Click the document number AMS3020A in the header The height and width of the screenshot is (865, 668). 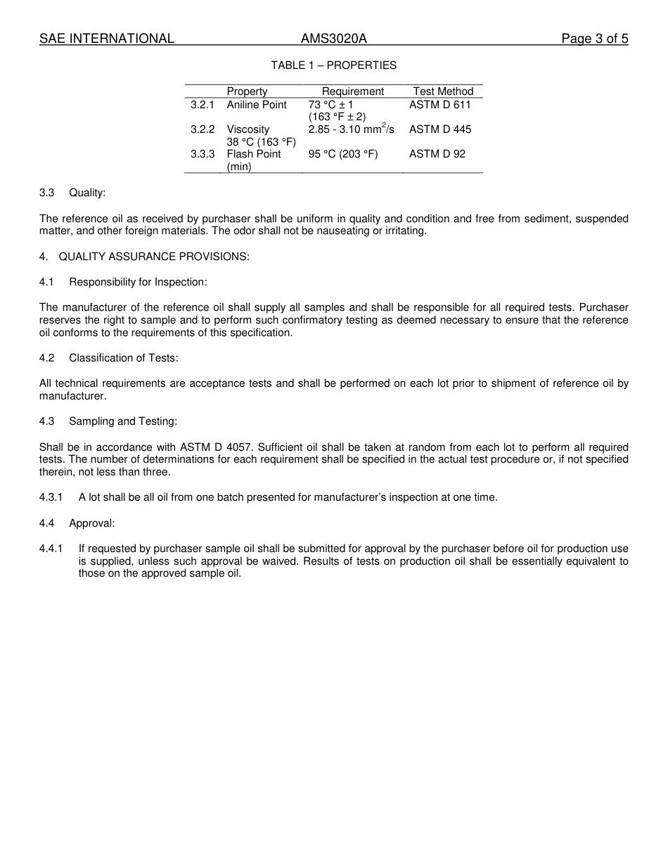[334, 39]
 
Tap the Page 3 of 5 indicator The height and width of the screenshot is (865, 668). [594, 39]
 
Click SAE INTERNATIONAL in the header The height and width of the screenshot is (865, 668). [107, 39]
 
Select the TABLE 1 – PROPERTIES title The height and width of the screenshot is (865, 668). [334, 65]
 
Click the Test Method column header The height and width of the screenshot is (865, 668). [443, 91]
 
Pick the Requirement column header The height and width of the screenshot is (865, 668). [353, 91]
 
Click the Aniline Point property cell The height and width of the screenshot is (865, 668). [257, 105]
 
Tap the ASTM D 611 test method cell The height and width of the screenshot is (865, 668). [440, 105]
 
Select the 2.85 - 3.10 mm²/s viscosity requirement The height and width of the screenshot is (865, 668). [351, 129]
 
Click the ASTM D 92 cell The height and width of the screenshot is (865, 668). [437, 154]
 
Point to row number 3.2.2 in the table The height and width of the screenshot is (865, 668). [202, 129]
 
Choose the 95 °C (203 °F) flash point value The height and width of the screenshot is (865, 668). [343, 154]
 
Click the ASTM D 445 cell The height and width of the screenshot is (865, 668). [440, 129]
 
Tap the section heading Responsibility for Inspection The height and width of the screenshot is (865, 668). [138, 282]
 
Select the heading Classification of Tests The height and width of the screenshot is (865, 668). [123, 358]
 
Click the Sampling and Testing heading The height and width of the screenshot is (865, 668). [123, 421]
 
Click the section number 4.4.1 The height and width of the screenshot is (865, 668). [51, 549]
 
